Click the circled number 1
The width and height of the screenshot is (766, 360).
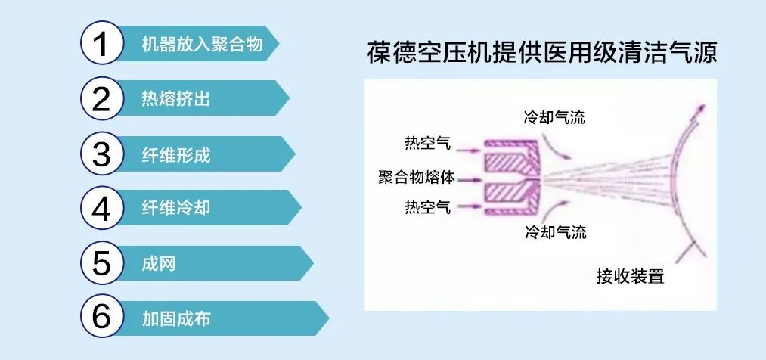101,45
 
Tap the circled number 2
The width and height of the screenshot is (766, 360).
101,99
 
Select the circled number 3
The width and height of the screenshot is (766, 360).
101,154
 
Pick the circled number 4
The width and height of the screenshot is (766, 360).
101,209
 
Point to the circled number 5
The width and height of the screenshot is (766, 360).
101,264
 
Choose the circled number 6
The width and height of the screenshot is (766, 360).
101,318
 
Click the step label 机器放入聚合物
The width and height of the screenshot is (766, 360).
202,45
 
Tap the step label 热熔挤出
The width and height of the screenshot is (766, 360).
175,99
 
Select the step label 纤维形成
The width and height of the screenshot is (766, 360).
175,157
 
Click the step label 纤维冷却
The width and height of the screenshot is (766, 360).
175,209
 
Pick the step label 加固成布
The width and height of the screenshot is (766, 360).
175,318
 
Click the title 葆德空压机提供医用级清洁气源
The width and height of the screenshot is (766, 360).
540,54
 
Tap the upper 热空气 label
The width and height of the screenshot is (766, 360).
428,143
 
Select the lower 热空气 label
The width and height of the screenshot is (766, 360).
428,205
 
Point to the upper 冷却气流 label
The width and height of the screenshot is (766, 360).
554,117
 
